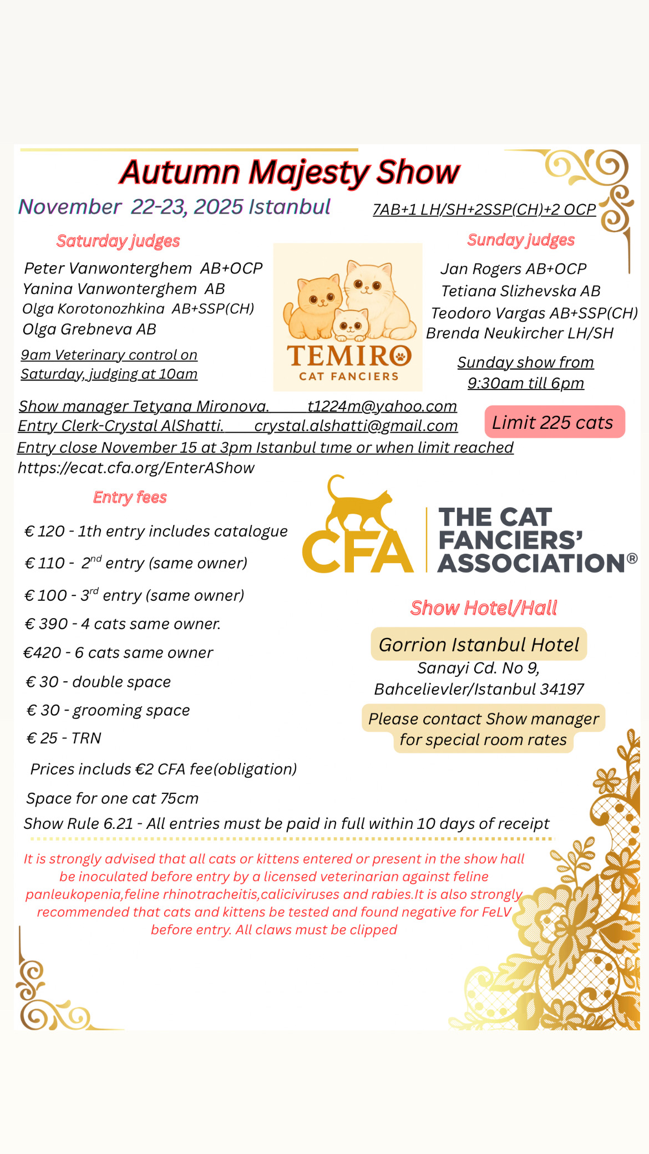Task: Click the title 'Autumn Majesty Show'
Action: pos(290,172)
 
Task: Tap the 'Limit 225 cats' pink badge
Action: pos(554,422)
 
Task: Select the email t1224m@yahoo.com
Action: pos(382,406)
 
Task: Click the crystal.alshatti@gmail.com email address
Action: pos(356,426)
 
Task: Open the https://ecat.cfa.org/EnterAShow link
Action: pos(136,468)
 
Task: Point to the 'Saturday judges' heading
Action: pos(118,241)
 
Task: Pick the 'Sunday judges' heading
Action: pos(521,240)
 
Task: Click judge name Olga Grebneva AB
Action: pos(89,329)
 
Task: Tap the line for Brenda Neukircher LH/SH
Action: pos(520,333)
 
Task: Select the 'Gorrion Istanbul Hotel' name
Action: pos(479,644)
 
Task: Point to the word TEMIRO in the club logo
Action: pos(349,356)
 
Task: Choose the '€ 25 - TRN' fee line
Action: pos(64,738)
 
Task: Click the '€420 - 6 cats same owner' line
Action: pos(118,652)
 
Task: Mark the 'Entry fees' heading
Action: pos(130,497)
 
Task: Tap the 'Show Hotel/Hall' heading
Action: pos(484,608)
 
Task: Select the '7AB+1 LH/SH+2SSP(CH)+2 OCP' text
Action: pos(484,209)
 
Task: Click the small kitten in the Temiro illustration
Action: pos(351,324)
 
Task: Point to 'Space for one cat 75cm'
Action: pos(112,798)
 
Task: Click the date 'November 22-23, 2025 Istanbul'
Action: pos(175,207)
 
